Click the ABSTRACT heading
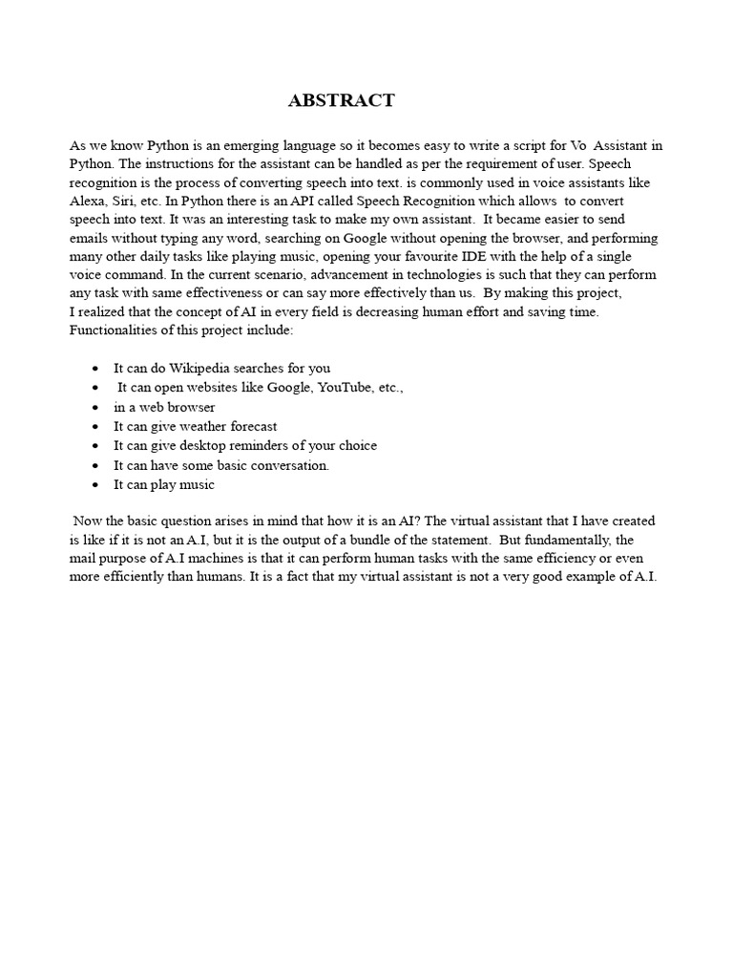pyautogui.click(x=341, y=101)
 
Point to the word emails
pyautogui.click(x=90, y=238)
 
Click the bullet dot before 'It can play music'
pyautogui.click(x=96, y=485)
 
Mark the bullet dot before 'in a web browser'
pyautogui.click(x=96, y=408)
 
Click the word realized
pyautogui.click(x=106, y=312)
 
